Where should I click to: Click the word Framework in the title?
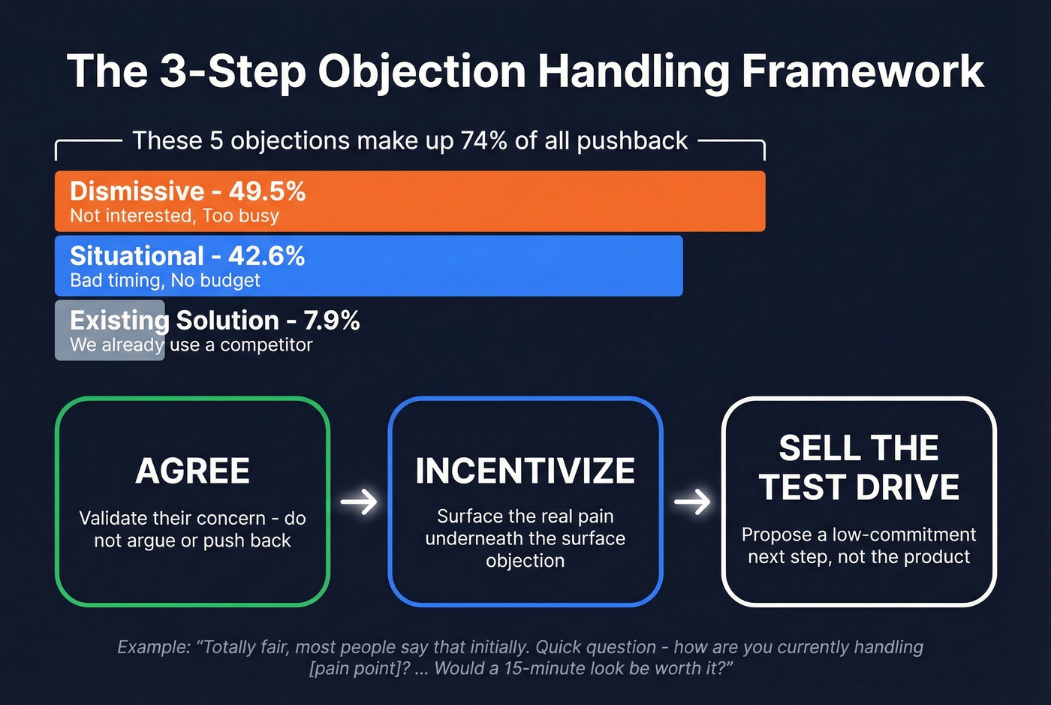(863, 72)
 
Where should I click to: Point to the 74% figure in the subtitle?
(484, 141)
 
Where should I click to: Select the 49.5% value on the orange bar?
(267, 191)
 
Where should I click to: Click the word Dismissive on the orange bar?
(137, 191)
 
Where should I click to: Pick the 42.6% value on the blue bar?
(267, 256)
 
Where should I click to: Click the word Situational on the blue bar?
(137, 256)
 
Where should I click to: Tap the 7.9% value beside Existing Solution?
(332, 321)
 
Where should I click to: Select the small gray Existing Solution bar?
(110, 330)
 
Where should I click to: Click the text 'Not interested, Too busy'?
(174, 216)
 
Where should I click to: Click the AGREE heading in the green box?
(192, 472)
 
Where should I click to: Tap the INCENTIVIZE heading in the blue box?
(525, 472)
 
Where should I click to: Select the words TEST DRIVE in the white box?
(859, 487)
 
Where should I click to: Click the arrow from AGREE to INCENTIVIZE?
(359, 502)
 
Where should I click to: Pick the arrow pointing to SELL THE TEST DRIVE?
(692, 502)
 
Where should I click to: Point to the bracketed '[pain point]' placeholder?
(359, 668)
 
